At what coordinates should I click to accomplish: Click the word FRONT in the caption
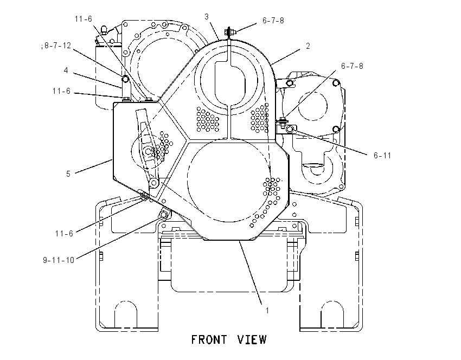pyautogui.click(x=209, y=340)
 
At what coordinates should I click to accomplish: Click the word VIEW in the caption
pyautogui.click(x=252, y=340)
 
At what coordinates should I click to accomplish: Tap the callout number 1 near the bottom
pyautogui.click(x=267, y=311)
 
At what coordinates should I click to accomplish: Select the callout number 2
pyautogui.click(x=308, y=46)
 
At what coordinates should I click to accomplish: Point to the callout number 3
pyautogui.click(x=207, y=17)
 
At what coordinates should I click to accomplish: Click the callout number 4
pyautogui.click(x=66, y=70)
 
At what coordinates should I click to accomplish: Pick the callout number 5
pyautogui.click(x=68, y=174)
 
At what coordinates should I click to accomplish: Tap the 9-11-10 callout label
pyautogui.click(x=59, y=260)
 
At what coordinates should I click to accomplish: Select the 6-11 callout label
pyautogui.click(x=382, y=156)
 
